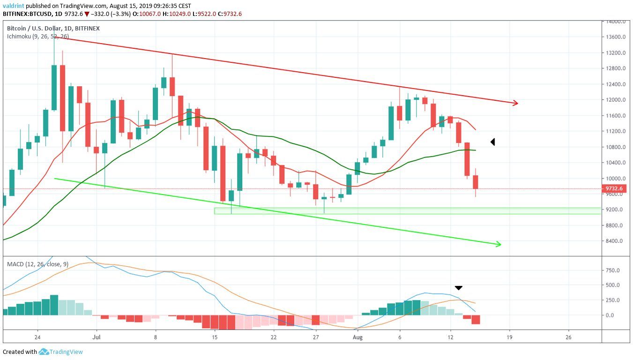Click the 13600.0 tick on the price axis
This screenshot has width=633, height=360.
coord(613,37)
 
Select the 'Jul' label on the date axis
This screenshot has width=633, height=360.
coord(97,337)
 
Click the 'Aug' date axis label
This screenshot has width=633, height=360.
coord(357,337)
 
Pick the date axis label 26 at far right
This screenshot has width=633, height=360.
coord(568,337)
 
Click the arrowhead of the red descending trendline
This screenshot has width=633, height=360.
coord(515,103)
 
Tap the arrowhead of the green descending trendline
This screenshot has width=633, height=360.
coord(499,244)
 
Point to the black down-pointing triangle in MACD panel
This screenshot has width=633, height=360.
coord(459,287)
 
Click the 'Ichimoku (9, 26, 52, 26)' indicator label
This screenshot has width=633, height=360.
coord(38,36)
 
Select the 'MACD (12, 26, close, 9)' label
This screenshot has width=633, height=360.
coord(37,264)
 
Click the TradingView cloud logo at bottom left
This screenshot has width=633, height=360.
coord(44,352)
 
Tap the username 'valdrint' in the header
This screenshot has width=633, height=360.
coord(13,6)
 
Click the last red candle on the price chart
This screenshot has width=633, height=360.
coord(476,182)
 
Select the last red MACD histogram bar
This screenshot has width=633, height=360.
coord(476,319)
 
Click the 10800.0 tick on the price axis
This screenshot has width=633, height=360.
coord(613,147)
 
